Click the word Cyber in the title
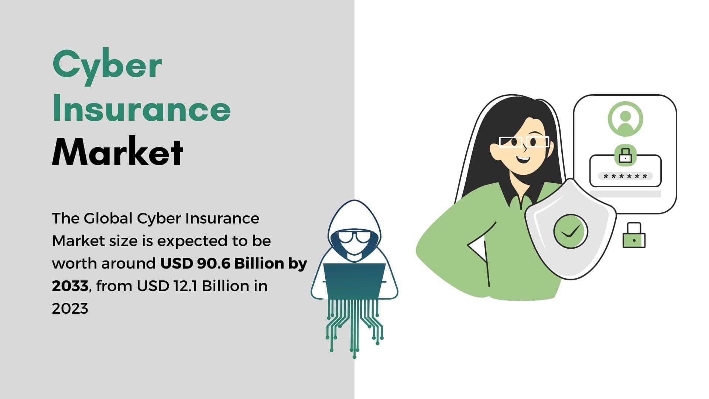coord(107,67)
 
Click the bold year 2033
coord(70,286)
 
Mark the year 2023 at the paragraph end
coord(70,308)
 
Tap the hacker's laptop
coord(354,281)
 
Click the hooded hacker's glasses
coord(354,237)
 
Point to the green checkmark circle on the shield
coord(571,231)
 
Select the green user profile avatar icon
coord(625,119)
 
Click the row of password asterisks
coord(625,176)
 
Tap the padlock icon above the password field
coord(625,155)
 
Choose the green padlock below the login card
coord(634,235)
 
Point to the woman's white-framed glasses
coord(524,142)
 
